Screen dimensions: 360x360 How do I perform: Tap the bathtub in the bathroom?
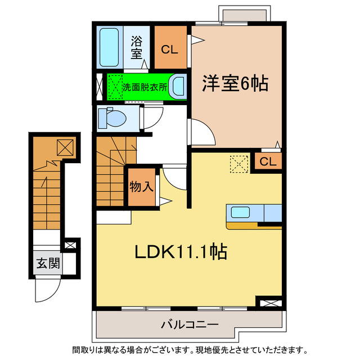coord(109,47)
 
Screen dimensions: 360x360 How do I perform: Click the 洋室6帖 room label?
coord(235,84)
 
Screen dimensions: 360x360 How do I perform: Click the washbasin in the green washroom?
coord(178,87)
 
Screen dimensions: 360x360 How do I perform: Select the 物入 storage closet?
coord(141,187)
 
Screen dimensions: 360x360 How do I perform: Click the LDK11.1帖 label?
coord(179,253)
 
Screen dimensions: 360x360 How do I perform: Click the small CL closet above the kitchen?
coord(268,162)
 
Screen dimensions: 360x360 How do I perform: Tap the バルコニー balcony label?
coord(185,326)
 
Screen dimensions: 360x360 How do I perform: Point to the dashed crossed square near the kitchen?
coord(238,164)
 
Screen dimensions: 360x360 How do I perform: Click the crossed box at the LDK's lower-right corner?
coord(269,303)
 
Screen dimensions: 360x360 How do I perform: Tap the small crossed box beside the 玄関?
coord(70,246)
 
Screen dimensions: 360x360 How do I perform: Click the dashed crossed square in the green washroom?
coord(115,87)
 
